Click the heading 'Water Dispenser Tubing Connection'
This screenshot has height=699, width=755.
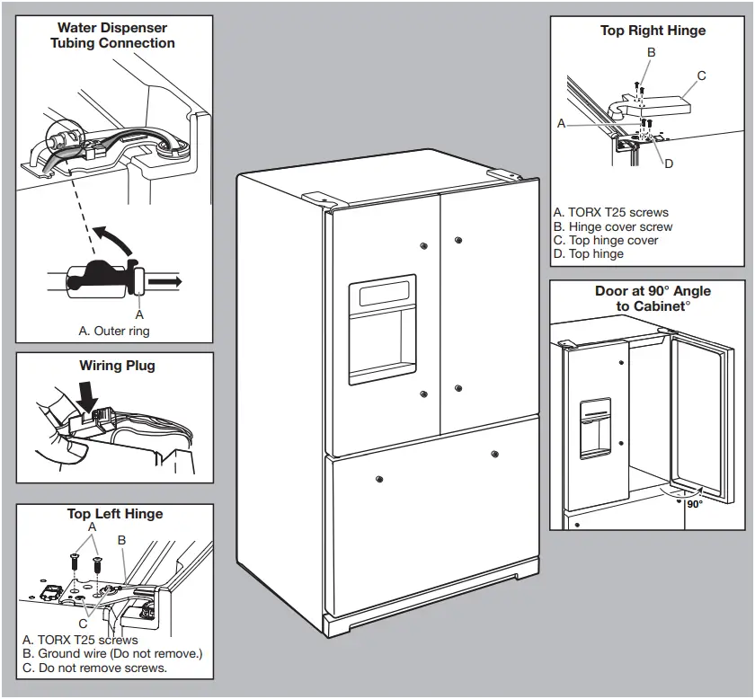[112, 35]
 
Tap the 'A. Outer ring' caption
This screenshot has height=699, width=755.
[114, 331]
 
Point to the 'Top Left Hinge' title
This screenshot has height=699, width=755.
[115, 514]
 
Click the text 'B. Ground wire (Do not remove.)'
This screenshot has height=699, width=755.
[112, 654]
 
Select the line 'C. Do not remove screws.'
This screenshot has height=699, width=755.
[94, 668]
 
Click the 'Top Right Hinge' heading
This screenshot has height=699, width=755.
[653, 31]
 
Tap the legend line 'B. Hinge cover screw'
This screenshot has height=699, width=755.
[613, 227]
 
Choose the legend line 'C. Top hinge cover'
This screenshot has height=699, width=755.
[606, 241]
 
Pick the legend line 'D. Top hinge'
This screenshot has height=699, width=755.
[589, 254]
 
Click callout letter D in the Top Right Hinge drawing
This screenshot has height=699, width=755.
[668, 163]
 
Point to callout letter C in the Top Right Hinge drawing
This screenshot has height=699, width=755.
[702, 76]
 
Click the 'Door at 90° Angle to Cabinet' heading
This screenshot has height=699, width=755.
[652, 298]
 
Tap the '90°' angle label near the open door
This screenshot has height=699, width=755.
[694, 504]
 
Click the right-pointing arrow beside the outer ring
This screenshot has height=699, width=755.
[165, 281]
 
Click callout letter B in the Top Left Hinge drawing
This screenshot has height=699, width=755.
[122, 540]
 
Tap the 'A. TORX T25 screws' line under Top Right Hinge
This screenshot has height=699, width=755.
[611, 213]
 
